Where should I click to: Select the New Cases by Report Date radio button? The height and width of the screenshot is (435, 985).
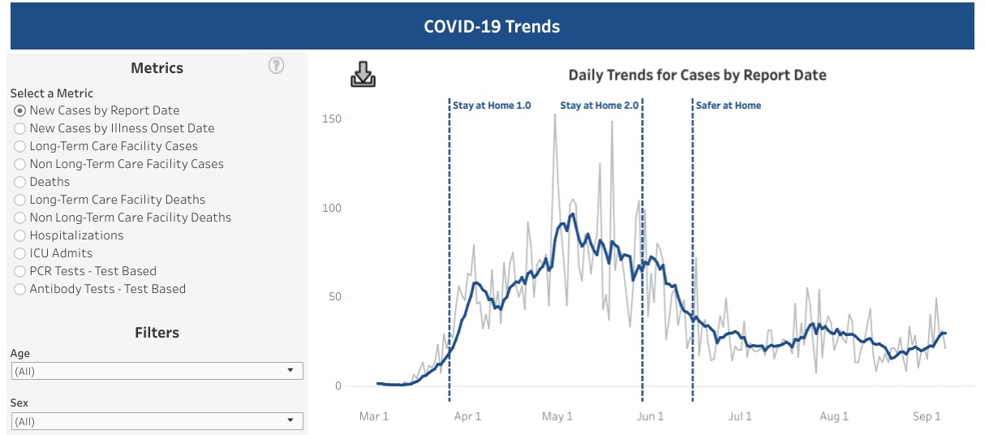[20, 110]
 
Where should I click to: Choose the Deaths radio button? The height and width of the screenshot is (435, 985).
[20, 182]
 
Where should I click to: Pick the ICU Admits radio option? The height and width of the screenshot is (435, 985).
[20, 253]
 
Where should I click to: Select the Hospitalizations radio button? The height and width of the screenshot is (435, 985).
[20, 235]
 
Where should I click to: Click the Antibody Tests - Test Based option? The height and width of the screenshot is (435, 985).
[107, 289]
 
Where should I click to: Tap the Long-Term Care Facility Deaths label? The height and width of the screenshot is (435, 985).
[117, 200]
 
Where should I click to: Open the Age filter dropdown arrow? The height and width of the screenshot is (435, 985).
[290, 371]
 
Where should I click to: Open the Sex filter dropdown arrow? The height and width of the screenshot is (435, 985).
[290, 420]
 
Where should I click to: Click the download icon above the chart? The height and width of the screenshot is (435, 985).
[363, 75]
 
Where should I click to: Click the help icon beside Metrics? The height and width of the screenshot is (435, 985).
[276, 67]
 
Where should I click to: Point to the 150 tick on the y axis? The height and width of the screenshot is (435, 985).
[333, 119]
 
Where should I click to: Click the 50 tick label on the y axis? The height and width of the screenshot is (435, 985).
[335, 297]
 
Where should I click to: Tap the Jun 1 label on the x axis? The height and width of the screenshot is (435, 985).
[650, 416]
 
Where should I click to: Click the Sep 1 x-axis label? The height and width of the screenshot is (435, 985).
[927, 416]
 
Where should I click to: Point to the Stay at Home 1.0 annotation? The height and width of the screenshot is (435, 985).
[492, 106]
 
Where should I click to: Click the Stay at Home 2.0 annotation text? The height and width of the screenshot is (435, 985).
[599, 106]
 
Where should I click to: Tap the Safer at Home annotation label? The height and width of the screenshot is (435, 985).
[729, 106]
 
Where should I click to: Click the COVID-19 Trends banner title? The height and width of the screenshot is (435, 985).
[492, 26]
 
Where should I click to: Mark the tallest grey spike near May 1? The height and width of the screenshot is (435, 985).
[555, 115]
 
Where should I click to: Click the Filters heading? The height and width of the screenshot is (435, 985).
[157, 333]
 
